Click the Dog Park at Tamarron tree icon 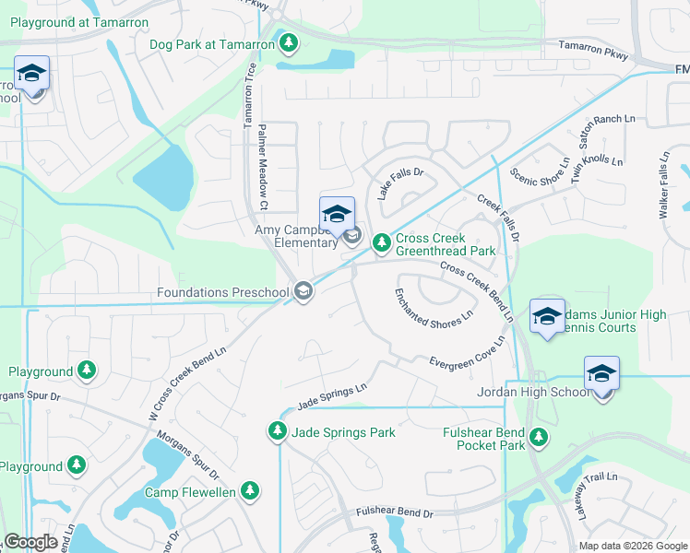[x=290, y=43]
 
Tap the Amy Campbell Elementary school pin [x=337, y=213]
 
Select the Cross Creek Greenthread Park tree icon [x=381, y=243]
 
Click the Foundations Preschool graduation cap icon [x=303, y=292]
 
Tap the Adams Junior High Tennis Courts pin [x=548, y=316]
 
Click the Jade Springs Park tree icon [x=277, y=431]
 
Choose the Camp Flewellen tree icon [x=248, y=491]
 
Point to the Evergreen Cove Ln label [x=467, y=354]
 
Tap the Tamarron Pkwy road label [x=594, y=51]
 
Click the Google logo [x=31, y=543]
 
